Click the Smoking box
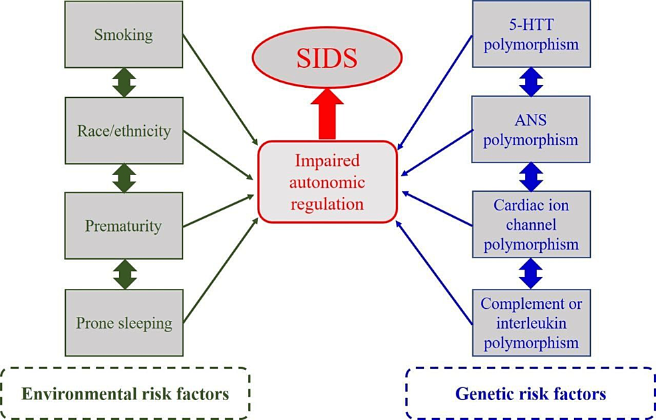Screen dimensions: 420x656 124,34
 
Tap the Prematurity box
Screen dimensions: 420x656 124,226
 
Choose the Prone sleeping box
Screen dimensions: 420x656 124,323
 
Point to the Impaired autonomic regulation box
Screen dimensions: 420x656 327,181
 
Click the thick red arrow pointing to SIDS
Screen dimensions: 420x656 327,114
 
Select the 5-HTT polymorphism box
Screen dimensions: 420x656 530,34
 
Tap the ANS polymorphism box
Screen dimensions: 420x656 530,130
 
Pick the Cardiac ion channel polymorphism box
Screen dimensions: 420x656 530,225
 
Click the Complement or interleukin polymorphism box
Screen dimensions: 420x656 530,323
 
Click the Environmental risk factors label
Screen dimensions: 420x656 125,393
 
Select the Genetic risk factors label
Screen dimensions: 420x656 530,393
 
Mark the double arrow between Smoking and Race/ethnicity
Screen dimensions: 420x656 124,82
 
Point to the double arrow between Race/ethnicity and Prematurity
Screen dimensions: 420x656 124,178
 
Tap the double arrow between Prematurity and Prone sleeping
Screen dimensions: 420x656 124,274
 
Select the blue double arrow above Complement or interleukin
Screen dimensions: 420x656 530,273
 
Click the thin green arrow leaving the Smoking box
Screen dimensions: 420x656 220,90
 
